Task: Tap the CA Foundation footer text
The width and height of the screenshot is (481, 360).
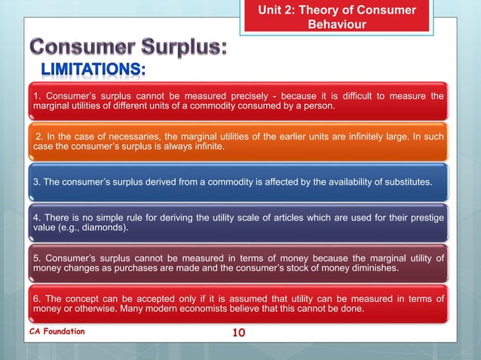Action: click(57, 331)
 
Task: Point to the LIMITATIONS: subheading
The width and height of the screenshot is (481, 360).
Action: click(88, 71)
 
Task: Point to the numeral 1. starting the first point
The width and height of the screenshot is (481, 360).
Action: click(36, 96)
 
